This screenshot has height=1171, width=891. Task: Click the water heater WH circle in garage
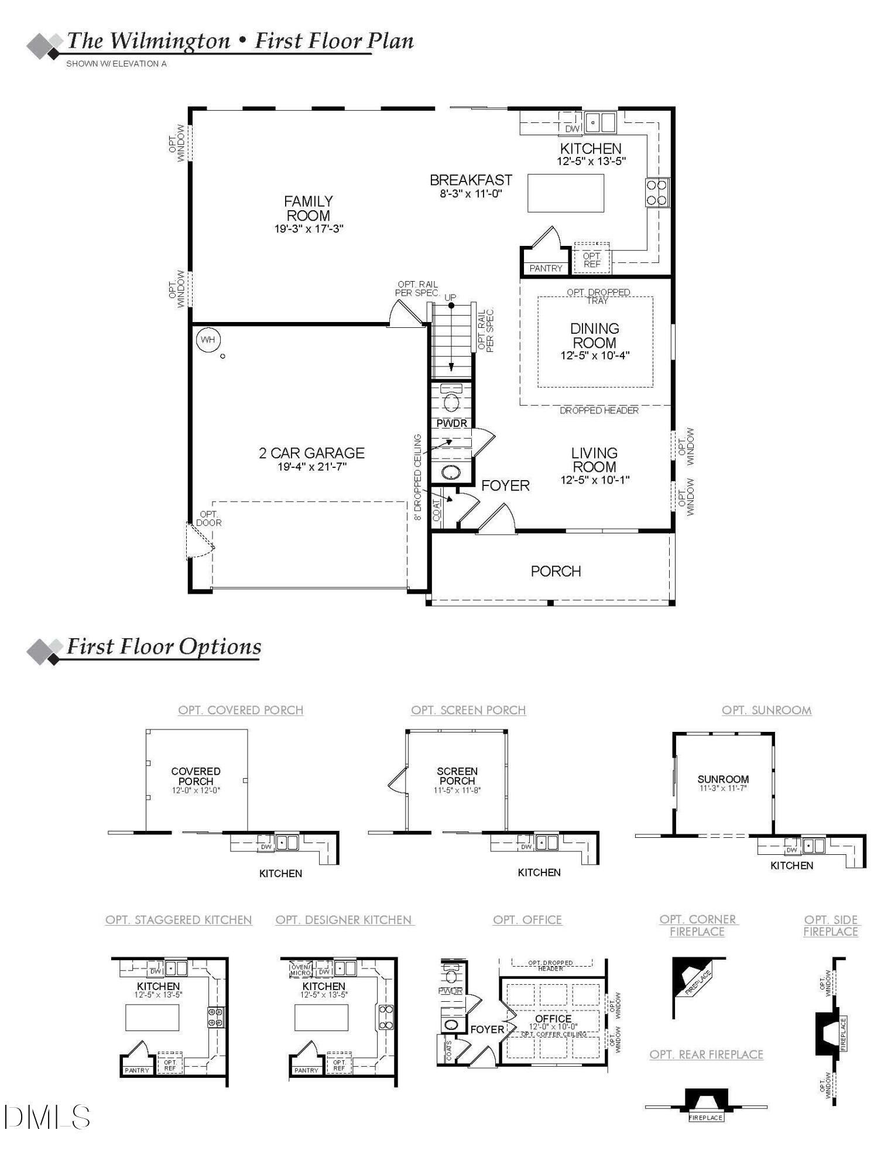pyautogui.click(x=208, y=340)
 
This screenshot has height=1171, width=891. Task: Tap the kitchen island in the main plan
pyautogui.click(x=566, y=193)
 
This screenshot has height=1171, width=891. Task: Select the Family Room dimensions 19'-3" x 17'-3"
pyautogui.click(x=309, y=229)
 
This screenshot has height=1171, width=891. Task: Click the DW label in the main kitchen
pyautogui.click(x=572, y=129)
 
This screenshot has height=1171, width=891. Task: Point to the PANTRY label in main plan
pyautogui.click(x=546, y=268)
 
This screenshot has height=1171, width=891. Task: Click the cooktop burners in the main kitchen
pyautogui.click(x=657, y=193)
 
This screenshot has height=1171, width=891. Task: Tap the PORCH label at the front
pyautogui.click(x=556, y=571)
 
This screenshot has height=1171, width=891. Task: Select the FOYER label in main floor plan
pyautogui.click(x=505, y=485)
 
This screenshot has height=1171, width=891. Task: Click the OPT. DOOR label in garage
pyautogui.click(x=208, y=519)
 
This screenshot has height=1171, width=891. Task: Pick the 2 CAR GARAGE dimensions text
pyautogui.click(x=312, y=467)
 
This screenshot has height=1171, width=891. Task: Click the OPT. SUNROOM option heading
pyautogui.click(x=766, y=710)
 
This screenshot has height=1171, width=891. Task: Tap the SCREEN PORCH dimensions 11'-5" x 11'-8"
pyautogui.click(x=457, y=790)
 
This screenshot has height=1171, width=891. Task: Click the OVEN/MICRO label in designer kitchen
pyautogui.click(x=300, y=970)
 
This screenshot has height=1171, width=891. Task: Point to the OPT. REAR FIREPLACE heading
pyautogui.click(x=706, y=1054)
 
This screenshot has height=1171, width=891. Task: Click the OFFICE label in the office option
pyautogui.click(x=553, y=1019)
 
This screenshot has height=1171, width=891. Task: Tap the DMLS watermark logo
pyautogui.click(x=47, y=1117)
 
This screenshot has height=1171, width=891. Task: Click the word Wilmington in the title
pyautogui.click(x=170, y=41)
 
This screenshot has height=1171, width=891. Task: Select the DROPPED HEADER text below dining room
pyautogui.click(x=599, y=410)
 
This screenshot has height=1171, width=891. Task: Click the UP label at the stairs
pyautogui.click(x=450, y=297)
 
